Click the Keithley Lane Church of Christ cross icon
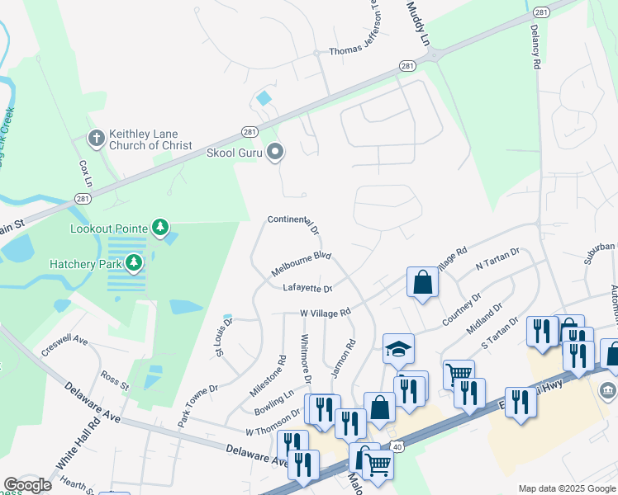[96, 139]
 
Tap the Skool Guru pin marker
[276, 152]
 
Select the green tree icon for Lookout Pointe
[160, 228]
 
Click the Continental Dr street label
[292, 221]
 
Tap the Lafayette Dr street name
[307, 288]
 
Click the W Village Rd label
[326, 313]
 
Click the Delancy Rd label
[535, 50]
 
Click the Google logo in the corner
[27, 485]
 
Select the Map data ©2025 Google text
[565, 488]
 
